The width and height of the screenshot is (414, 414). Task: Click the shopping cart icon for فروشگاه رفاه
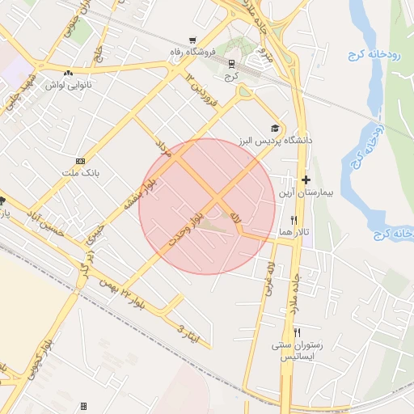click(192, 40)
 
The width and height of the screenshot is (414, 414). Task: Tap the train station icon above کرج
click(232, 62)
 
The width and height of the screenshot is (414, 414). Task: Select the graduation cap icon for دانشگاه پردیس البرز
click(275, 129)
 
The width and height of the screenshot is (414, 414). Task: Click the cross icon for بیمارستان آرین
click(305, 180)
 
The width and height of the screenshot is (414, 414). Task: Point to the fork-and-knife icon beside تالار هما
click(294, 220)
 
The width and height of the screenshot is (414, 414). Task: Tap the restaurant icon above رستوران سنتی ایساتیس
click(297, 332)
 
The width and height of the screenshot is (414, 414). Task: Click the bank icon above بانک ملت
click(79, 161)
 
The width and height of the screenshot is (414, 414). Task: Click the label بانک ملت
click(79, 173)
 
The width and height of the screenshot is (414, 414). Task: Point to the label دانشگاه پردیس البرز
click(275, 141)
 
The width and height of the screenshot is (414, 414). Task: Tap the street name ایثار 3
click(187, 328)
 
